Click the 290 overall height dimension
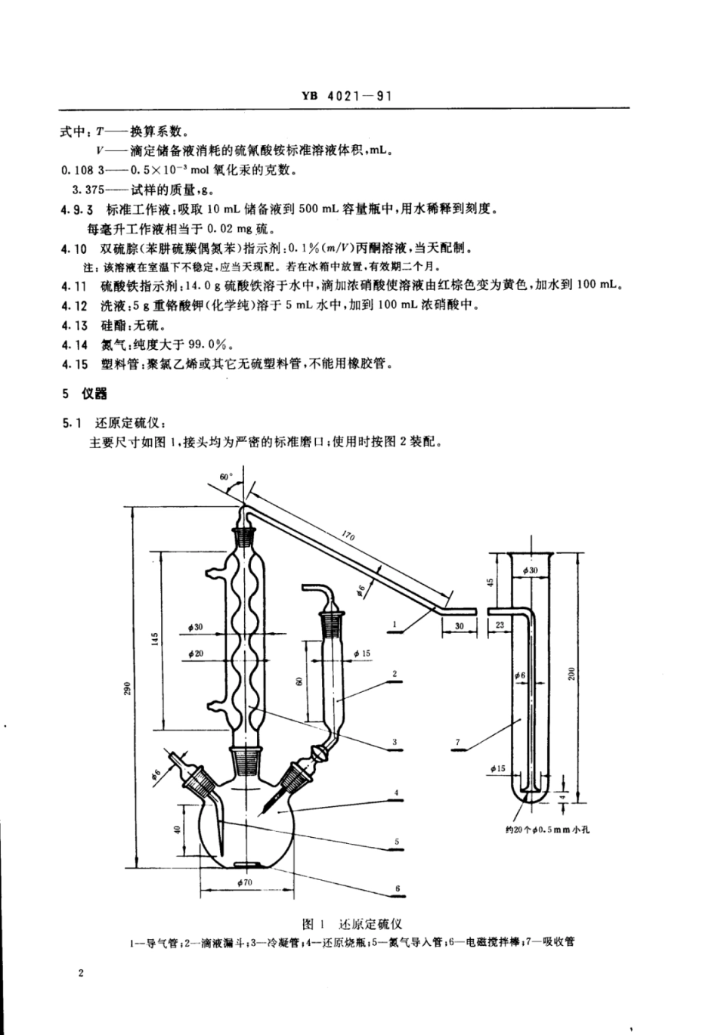(129, 688)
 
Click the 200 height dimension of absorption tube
(572, 672)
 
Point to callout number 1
(395, 625)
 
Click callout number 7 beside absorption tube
(458, 743)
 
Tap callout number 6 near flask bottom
(397, 888)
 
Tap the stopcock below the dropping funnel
(321, 752)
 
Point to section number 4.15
(75, 363)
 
